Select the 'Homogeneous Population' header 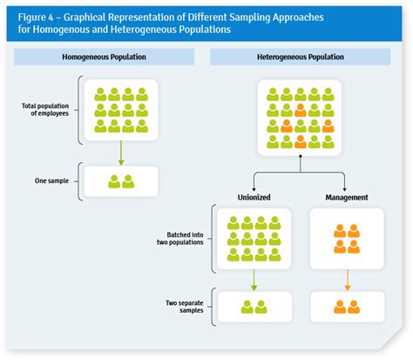point(104,57)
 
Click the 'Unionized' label point(254,197)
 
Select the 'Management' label point(347,197)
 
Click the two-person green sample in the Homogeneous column point(120,181)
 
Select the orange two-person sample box point(347,306)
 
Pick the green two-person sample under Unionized point(254,306)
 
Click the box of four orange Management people point(347,239)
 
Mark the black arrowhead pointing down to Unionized point(254,187)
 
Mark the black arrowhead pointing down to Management point(347,187)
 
